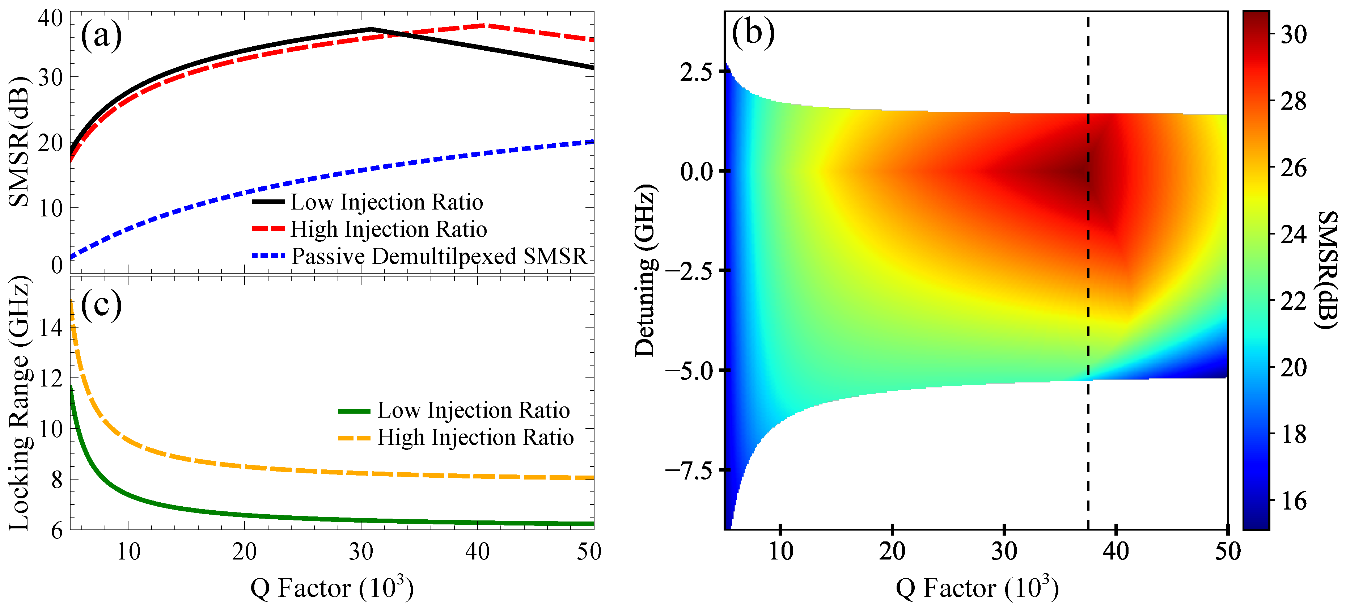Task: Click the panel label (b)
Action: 753,33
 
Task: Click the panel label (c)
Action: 101,304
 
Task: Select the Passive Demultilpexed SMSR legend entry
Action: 439,256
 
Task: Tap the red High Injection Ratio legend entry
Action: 388,229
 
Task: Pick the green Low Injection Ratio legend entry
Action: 473,410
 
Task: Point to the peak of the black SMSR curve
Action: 371,29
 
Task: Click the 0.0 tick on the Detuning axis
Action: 697,171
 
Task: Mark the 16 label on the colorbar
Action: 1294,501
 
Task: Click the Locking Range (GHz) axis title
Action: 19,402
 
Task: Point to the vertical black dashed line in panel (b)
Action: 1088,314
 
